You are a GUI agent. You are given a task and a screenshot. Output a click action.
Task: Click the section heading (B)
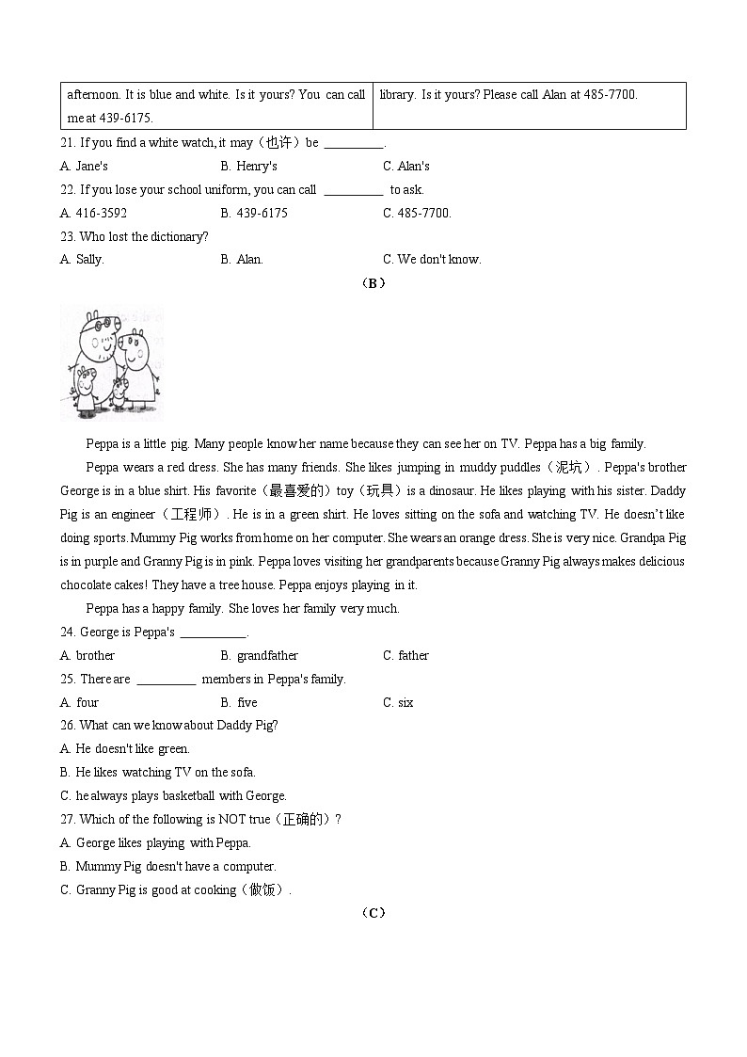point(373,283)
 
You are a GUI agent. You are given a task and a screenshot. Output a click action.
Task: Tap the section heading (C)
point(373,913)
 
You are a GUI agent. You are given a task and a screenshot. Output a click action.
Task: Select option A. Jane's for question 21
point(84,167)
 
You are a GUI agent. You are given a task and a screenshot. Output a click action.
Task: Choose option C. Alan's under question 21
point(406,167)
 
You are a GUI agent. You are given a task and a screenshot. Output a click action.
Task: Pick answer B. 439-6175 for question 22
point(254,214)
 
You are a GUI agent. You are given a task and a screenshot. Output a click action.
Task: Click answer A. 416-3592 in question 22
point(93,214)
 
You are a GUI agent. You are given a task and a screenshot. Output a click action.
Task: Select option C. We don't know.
point(432,260)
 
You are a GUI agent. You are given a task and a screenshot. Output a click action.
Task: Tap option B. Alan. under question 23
point(242,260)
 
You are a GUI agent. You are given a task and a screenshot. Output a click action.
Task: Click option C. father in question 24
point(405,656)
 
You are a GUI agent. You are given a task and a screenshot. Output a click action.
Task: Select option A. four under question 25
point(79,703)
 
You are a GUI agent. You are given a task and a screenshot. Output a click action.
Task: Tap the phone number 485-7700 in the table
point(612,95)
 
